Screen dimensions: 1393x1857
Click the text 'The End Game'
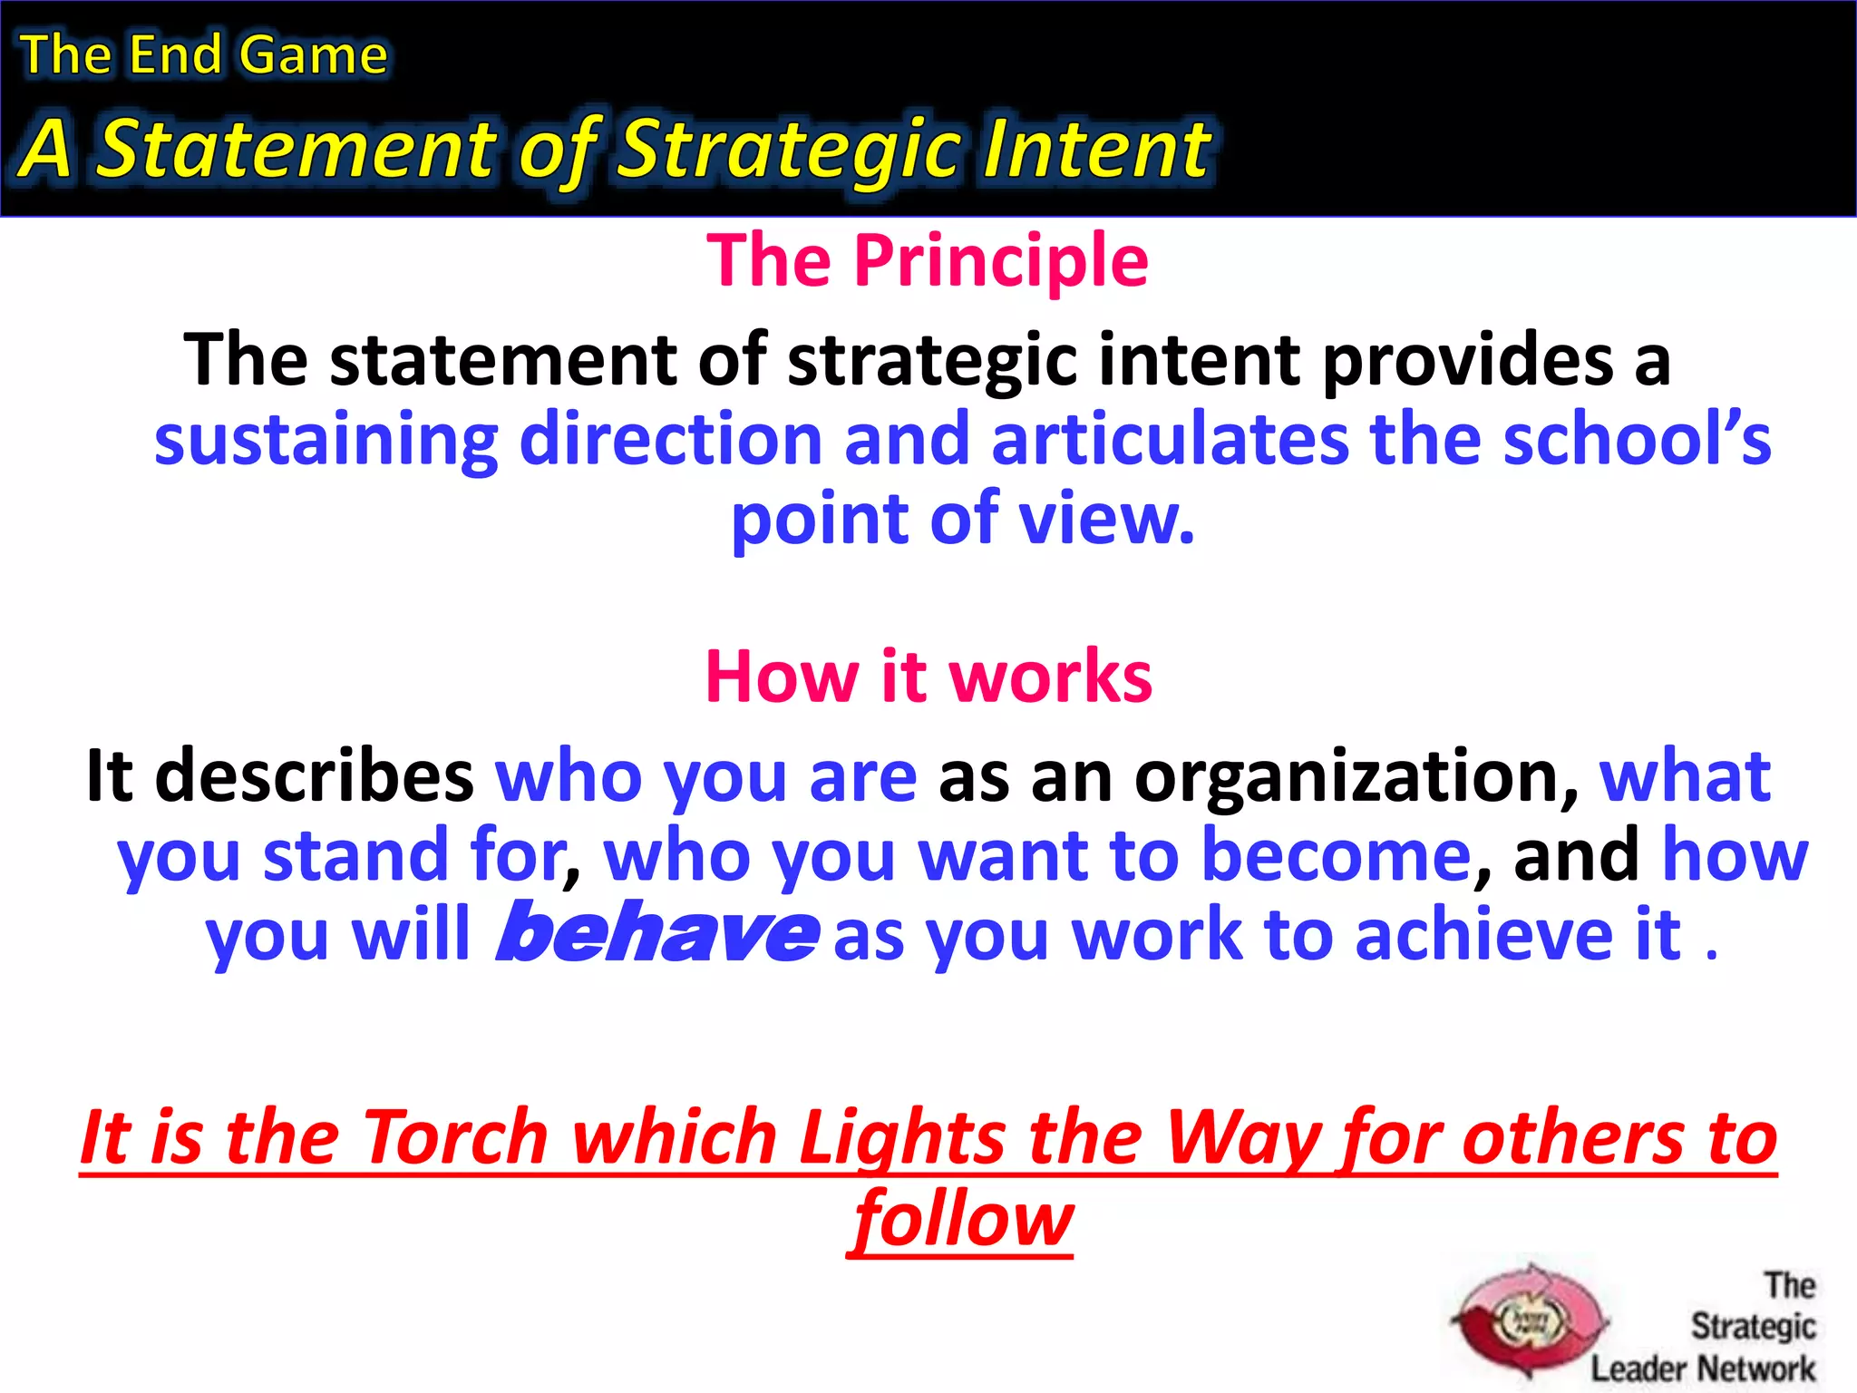tap(204, 54)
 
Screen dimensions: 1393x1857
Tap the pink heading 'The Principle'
tap(928, 260)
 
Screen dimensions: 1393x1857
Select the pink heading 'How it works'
tap(928, 677)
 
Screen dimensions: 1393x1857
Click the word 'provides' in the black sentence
tap(1468, 360)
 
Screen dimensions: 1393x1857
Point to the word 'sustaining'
tap(326, 440)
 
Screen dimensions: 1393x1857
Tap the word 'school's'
tap(1636, 440)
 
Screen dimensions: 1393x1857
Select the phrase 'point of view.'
tap(963, 519)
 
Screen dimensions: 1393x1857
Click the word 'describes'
tap(314, 776)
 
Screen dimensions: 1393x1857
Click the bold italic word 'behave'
tap(656, 934)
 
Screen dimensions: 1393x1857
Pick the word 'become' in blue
tap(1335, 855)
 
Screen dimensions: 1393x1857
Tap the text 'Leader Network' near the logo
tap(1702, 1369)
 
